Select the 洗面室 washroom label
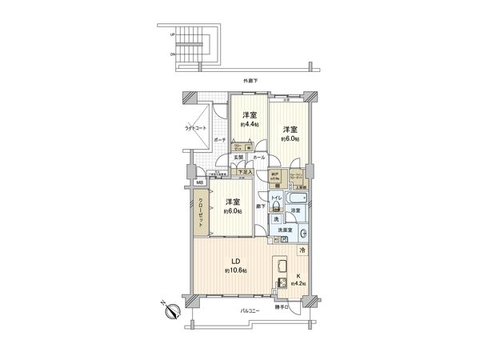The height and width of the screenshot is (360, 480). pos(286,230)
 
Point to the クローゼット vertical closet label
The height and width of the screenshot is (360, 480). pos(200,213)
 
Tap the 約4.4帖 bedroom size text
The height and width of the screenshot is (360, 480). pos(249,125)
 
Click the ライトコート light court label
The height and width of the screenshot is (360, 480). pos(195,128)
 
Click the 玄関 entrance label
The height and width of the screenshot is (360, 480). pos(238,158)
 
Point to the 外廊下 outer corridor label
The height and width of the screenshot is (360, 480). pos(253,82)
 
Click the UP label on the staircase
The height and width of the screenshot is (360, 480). pos(172,34)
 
